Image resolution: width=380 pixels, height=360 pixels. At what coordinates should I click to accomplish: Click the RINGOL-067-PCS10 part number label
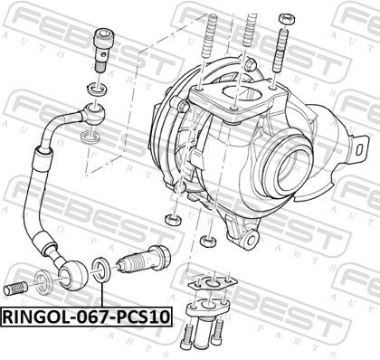tap(87, 317)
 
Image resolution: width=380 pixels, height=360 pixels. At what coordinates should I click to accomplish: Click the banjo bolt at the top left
tap(101, 51)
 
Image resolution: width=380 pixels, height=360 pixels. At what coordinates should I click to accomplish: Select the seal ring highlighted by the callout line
tap(101, 269)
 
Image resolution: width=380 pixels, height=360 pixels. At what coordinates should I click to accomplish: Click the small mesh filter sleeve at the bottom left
tap(16, 287)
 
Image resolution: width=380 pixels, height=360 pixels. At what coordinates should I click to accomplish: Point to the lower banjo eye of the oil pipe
tap(73, 275)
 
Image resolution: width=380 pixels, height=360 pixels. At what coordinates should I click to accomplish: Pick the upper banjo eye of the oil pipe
tap(95, 113)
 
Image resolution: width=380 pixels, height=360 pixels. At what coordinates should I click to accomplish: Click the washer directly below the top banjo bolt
tap(97, 89)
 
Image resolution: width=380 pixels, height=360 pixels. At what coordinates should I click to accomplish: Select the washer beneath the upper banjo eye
tap(90, 137)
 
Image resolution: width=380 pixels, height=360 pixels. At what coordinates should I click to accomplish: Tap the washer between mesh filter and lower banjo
tap(44, 282)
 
